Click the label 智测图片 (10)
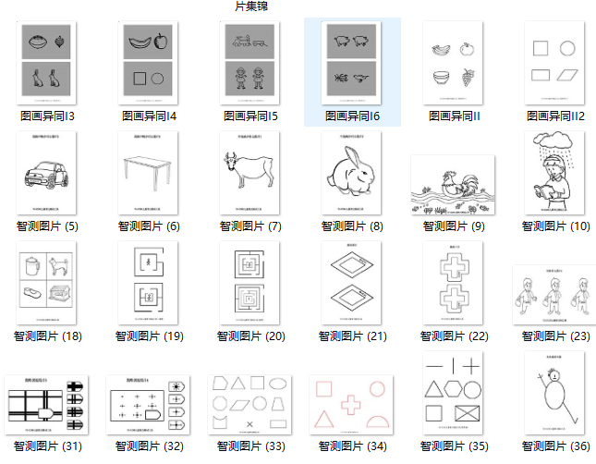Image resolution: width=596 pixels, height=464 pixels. [555, 226]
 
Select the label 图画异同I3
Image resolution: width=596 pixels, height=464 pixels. [47, 116]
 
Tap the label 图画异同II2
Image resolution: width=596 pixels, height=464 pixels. [556, 116]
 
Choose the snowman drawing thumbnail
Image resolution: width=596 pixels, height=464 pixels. [555, 392]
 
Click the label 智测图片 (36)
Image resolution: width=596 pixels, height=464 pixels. [555, 446]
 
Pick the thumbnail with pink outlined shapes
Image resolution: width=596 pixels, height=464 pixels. [351, 404]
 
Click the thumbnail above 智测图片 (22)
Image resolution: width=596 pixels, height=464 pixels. [453, 285]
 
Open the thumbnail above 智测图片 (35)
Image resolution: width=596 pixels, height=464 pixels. [453, 392]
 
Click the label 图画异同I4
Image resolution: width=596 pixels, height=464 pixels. [149, 116]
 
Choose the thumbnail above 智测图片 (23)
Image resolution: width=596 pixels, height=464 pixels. [555, 294]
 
